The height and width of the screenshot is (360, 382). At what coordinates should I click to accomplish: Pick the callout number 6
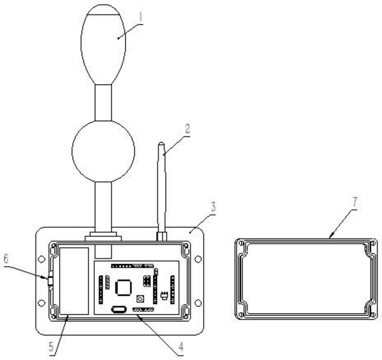click(x=6, y=259)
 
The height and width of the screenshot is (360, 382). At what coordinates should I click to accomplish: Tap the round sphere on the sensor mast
click(x=103, y=151)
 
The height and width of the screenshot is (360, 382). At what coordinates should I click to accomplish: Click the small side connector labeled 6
click(x=51, y=281)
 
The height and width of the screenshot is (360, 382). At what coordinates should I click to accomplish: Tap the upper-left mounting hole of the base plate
click(x=41, y=259)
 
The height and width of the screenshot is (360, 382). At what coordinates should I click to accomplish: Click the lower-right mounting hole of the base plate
click(x=198, y=303)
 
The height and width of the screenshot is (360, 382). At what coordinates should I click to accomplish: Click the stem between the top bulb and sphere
click(x=103, y=103)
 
